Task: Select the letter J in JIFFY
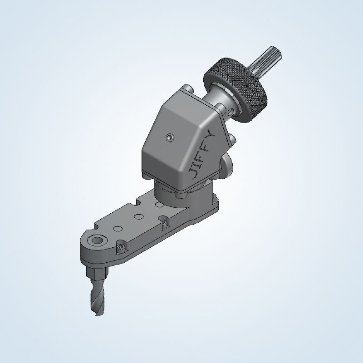click(x=192, y=173)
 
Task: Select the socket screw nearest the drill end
click(x=120, y=247)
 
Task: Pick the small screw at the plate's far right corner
click(x=212, y=198)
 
